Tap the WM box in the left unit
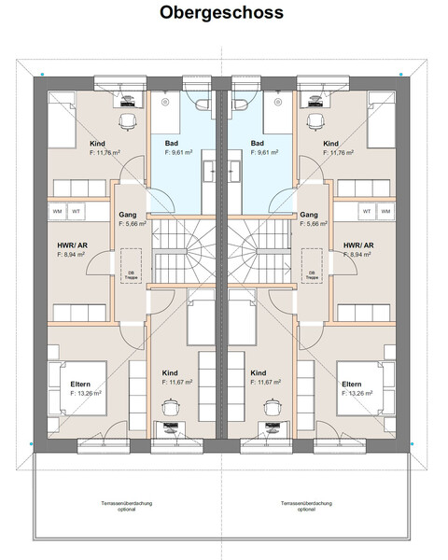57,211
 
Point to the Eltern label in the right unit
352,384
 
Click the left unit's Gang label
128,214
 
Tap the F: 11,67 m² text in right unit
265,382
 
